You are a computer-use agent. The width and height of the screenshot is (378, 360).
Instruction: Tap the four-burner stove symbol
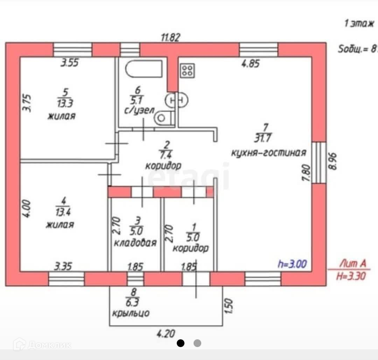pos(187,70)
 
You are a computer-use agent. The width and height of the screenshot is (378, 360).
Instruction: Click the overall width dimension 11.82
pos(170,37)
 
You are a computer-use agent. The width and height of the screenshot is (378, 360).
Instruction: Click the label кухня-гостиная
pos(269,153)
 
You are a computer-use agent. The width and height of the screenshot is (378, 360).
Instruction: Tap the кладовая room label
pos(135,243)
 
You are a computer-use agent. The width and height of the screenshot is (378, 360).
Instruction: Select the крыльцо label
pos(131,313)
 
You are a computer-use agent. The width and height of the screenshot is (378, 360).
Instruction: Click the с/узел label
pos(139,111)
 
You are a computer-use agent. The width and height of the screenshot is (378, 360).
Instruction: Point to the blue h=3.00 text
pos(292,263)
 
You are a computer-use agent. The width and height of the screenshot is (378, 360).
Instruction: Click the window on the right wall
pos(318,162)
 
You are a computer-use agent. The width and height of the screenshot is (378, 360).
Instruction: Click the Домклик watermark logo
pos(42,345)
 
